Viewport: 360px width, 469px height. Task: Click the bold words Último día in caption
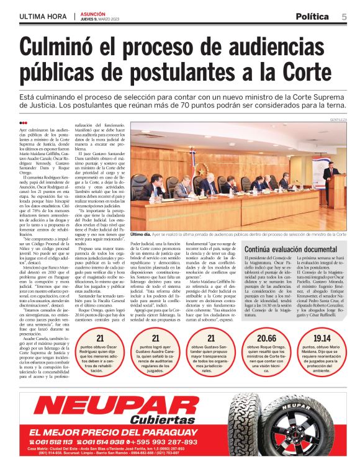point(140,234)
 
